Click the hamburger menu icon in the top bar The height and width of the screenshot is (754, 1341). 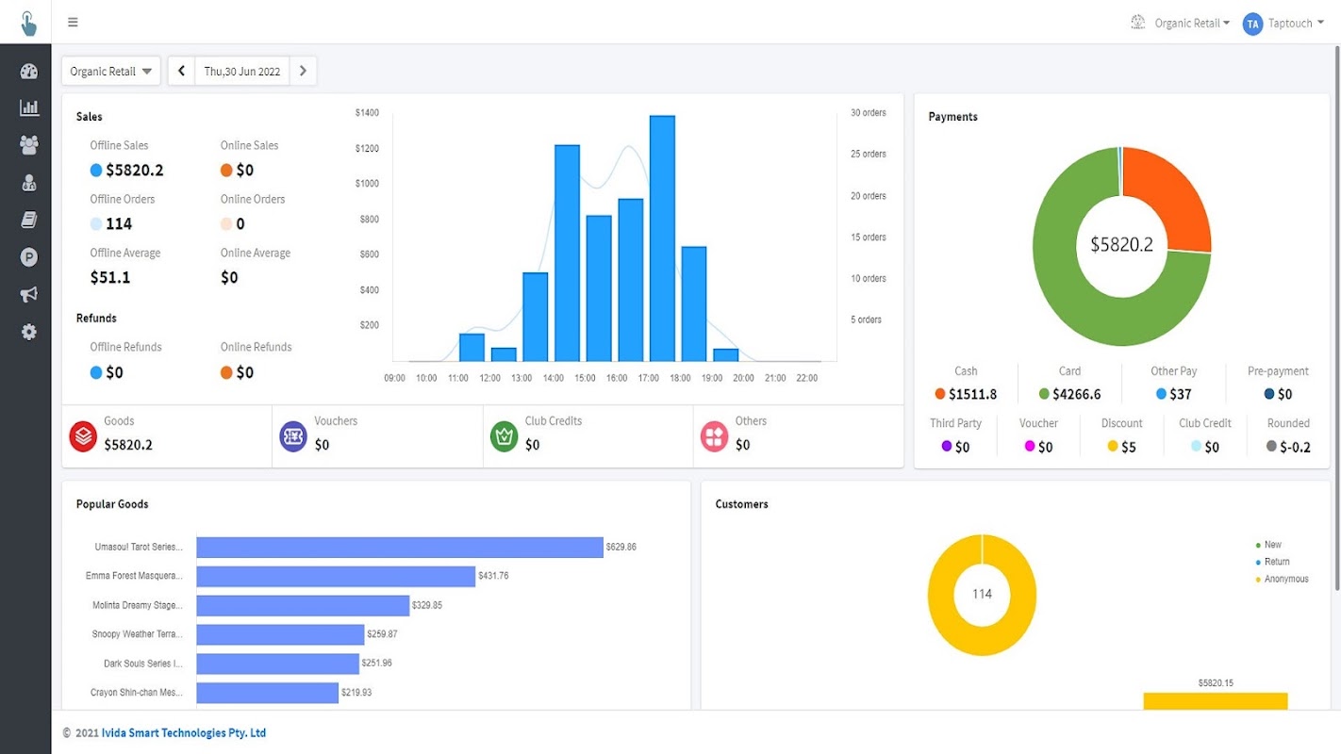(x=73, y=23)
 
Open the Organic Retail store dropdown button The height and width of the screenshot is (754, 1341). (x=111, y=72)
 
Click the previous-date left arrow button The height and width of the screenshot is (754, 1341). (x=181, y=71)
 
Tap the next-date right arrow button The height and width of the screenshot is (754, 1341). (x=303, y=71)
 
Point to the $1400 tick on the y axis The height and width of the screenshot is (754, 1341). (x=367, y=113)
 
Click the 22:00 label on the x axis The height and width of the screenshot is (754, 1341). (x=806, y=378)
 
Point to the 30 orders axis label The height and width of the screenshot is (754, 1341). (x=868, y=113)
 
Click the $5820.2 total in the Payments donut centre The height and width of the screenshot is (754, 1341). (x=1121, y=245)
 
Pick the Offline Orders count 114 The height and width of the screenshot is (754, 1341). (x=119, y=224)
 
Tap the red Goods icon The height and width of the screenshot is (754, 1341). (x=83, y=436)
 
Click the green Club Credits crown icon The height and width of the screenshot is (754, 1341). (x=505, y=436)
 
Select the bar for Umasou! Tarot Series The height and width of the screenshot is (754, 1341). (x=400, y=548)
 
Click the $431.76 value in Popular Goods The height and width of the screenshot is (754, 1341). (x=493, y=576)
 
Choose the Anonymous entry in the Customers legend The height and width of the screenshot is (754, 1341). (x=1285, y=579)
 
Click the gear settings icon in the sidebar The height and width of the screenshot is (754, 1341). (x=29, y=332)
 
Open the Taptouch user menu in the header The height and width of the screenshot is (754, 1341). (x=1288, y=24)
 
